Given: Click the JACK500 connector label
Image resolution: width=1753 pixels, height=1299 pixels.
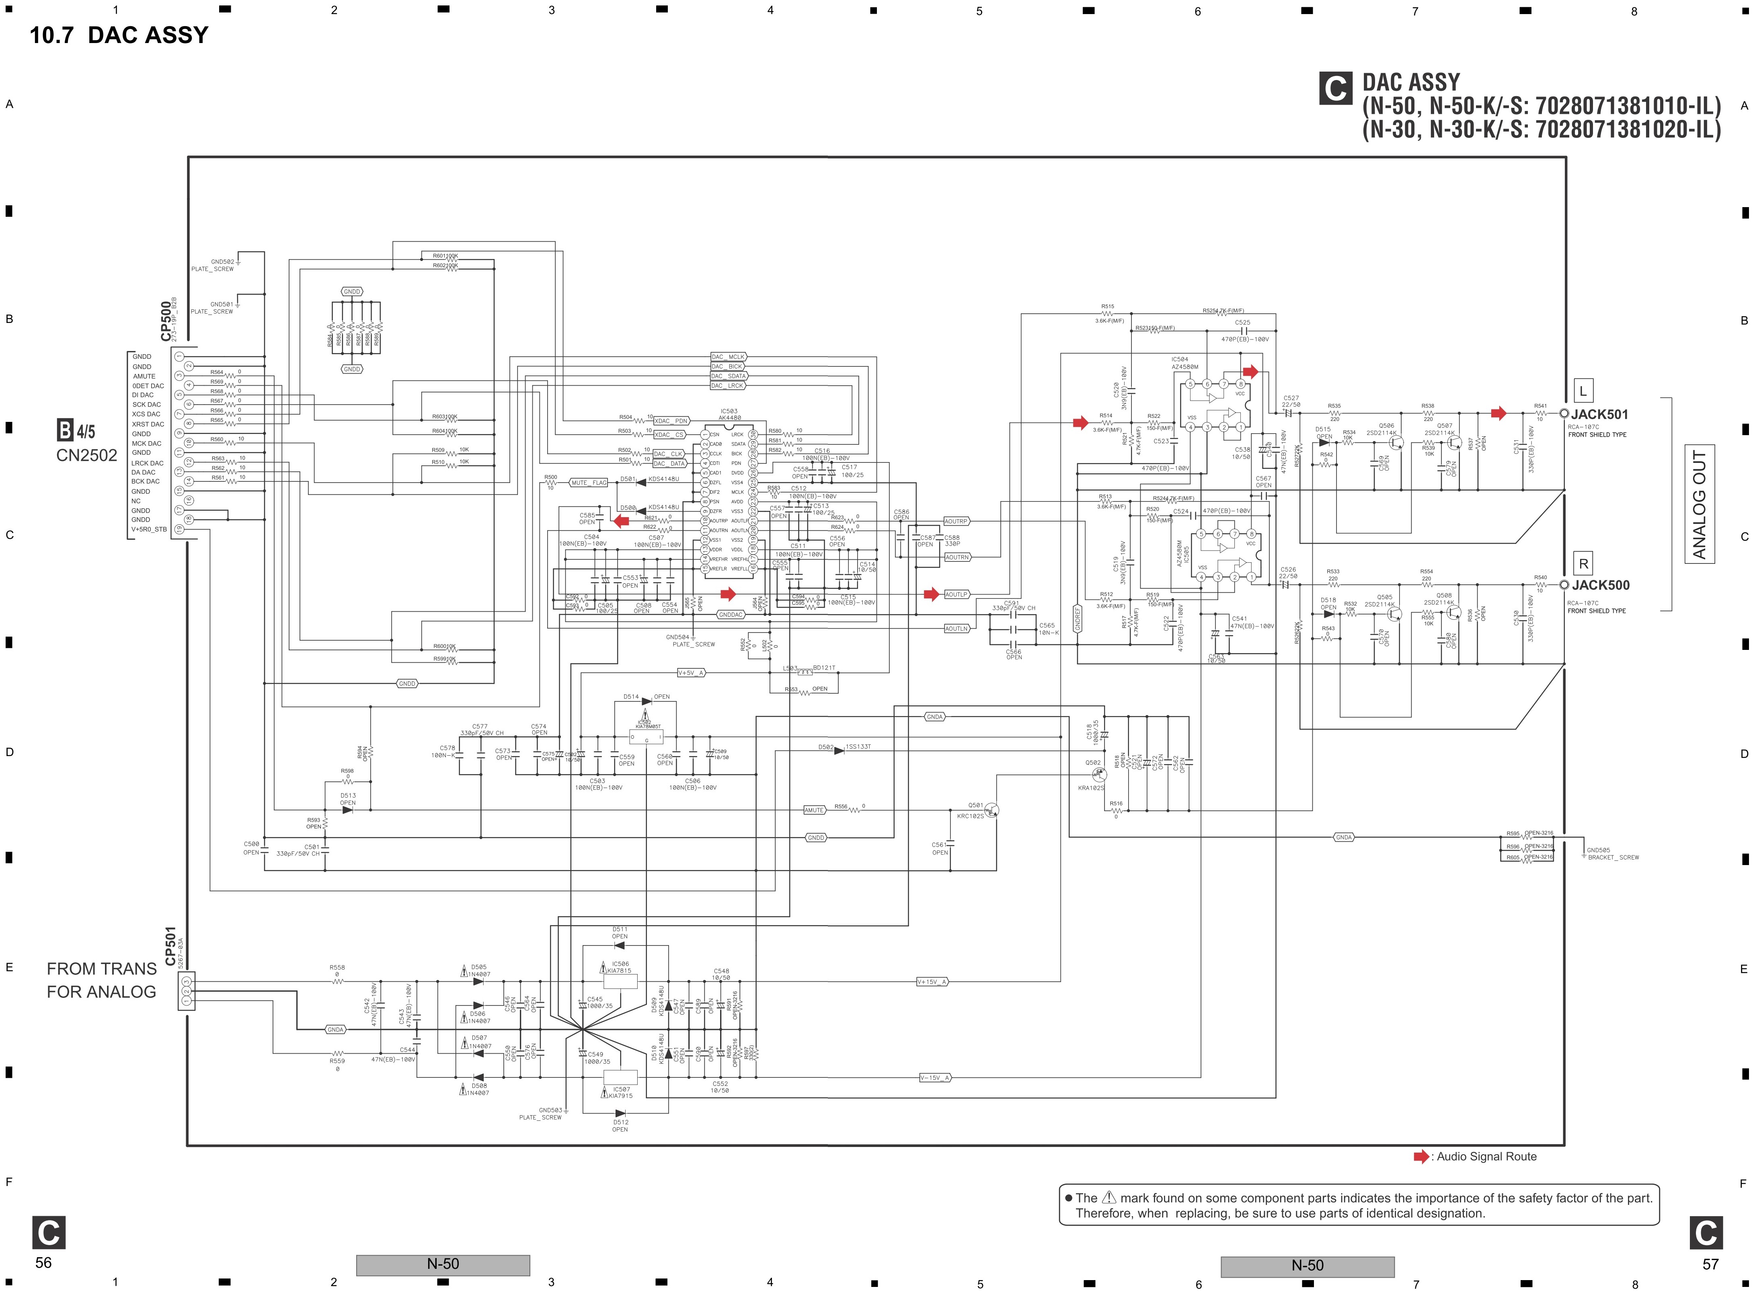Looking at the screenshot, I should coord(1600,585).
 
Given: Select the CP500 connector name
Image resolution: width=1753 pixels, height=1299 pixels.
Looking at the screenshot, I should coord(166,321).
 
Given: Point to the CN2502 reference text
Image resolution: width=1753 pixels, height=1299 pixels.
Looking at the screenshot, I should coord(86,455).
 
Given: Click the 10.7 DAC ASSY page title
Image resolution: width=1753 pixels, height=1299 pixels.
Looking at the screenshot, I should coord(119,35).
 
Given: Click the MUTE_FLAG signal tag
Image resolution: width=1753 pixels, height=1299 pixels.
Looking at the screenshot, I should coord(589,483).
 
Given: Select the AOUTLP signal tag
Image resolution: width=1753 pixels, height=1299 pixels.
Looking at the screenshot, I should coord(956,594).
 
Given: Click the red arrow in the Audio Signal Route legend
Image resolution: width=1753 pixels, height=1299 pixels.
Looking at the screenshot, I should coord(1420,1157).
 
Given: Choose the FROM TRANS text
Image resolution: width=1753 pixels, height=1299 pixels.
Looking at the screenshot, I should coord(101,969).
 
